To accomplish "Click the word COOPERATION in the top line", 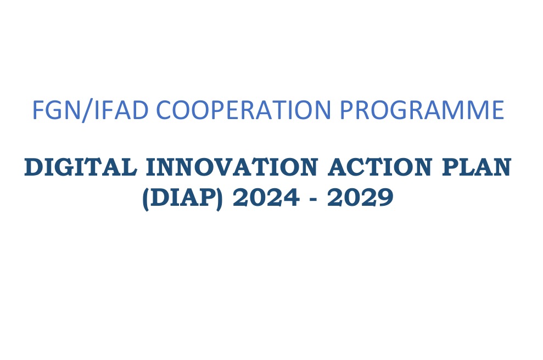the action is click(x=244, y=109).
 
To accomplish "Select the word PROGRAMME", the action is click(x=422, y=109).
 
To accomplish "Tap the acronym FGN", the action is click(x=56, y=109).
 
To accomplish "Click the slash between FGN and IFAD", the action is click(x=87, y=110).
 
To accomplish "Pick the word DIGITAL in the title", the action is click(x=81, y=167).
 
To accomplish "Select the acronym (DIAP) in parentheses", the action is click(x=182, y=198).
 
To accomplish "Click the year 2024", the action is click(x=266, y=198).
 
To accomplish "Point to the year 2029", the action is click(x=360, y=198).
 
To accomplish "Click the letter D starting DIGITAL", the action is click(x=33, y=167).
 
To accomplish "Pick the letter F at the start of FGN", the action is click(x=38, y=109).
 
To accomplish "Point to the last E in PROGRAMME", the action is click(x=498, y=109).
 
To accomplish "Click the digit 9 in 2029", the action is click(x=385, y=198).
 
